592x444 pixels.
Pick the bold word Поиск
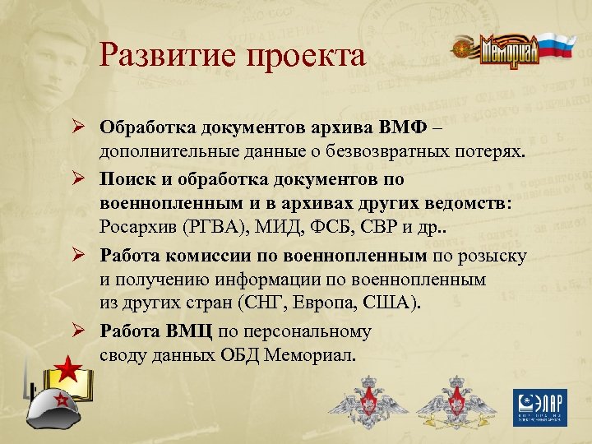[127, 178]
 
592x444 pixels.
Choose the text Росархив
[137, 228]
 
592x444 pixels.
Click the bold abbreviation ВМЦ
[188, 331]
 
